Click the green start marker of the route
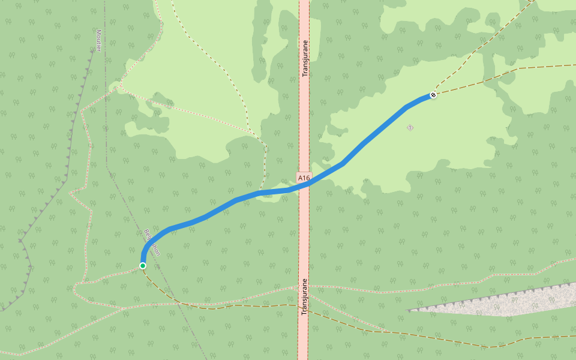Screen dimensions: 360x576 [143, 265]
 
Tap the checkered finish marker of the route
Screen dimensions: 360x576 [433, 95]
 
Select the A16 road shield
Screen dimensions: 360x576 [304, 178]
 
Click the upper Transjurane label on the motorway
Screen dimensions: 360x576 [305, 58]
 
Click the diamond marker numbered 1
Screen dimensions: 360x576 [410, 128]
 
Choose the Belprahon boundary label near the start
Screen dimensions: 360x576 [152, 242]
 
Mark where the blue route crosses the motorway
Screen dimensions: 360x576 [304, 185]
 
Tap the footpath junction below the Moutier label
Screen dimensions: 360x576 [119, 87]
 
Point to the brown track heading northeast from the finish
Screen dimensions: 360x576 [480, 48]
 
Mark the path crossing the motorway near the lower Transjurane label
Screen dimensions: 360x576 [304, 287]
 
